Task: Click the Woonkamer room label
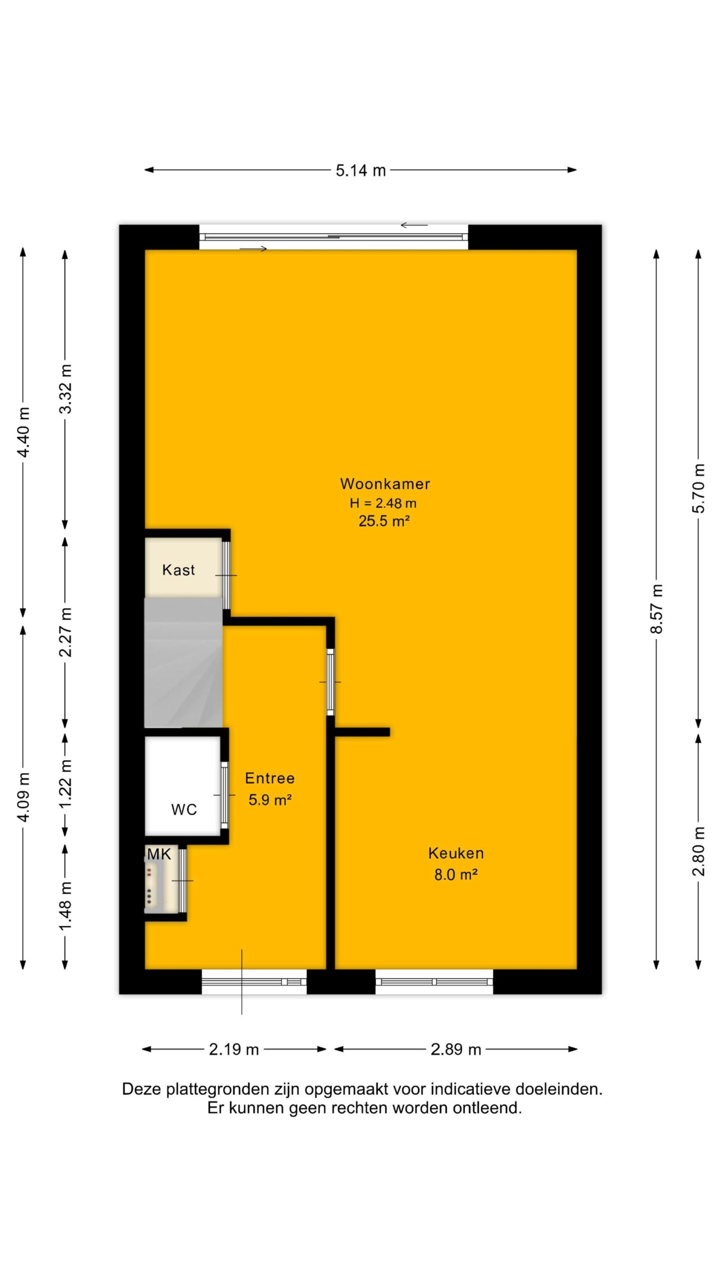point(385,484)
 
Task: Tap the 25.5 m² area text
point(384,521)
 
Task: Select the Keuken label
point(456,853)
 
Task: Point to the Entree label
point(270,778)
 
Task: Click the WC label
point(184,810)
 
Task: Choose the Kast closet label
point(178,570)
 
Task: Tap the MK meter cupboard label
point(159,854)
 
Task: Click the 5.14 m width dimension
point(360,171)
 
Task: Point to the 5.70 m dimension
point(699,488)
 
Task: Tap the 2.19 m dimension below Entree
point(234,1049)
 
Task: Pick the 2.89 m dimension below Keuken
point(456,1049)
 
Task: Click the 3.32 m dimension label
point(66,389)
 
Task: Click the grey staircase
point(183,662)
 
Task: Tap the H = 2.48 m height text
point(383,503)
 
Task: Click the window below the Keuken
point(434,982)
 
